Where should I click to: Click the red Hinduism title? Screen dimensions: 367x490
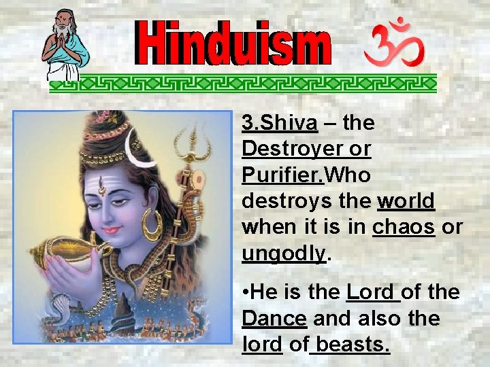[x=235, y=45]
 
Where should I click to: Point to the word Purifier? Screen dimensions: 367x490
[x=284, y=175]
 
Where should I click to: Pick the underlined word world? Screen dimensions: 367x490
[x=406, y=201]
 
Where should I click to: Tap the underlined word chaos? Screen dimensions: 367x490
[x=404, y=227]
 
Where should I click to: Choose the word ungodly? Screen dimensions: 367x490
[x=284, y=253]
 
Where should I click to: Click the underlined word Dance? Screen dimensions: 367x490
[x=274, y=319]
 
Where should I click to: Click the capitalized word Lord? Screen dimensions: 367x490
[x=371, y=293]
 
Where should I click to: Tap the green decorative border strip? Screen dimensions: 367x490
[x=243, y=83]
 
